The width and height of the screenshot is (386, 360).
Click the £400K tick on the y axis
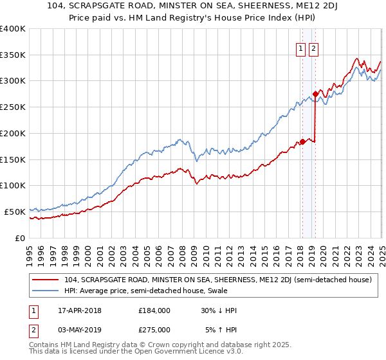click(x=13, y=29)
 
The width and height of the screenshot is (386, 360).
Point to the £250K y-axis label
click(x=13, y=107)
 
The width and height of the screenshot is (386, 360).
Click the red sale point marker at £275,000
click(x=315, y=94)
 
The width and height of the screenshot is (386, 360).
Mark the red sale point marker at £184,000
click(x=303, y=141)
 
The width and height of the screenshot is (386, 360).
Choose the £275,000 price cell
click(x=154, y=330)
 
